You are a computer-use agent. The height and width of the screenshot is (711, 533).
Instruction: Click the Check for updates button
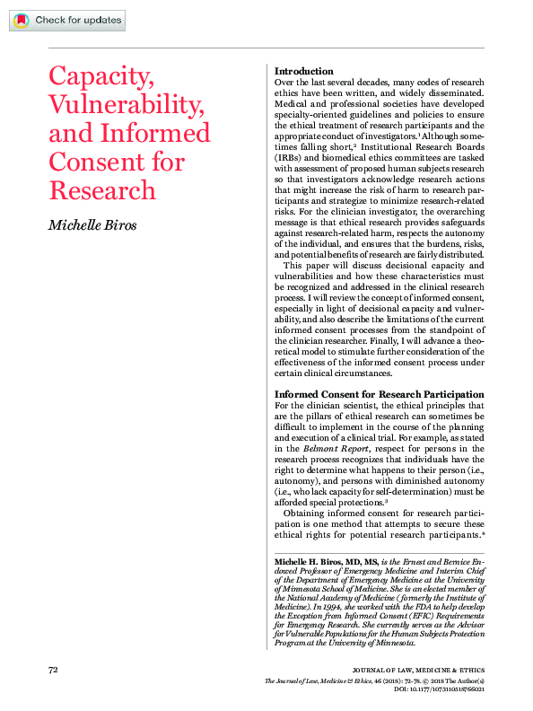pos(67,20)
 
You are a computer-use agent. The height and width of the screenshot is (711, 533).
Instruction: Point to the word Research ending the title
pos(101,190)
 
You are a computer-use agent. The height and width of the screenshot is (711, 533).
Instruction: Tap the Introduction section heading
pos(304,71)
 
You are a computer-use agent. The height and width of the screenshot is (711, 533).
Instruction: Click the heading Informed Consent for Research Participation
pos(379,395)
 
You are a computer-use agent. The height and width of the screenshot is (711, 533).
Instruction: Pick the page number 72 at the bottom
pos(53,670)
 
